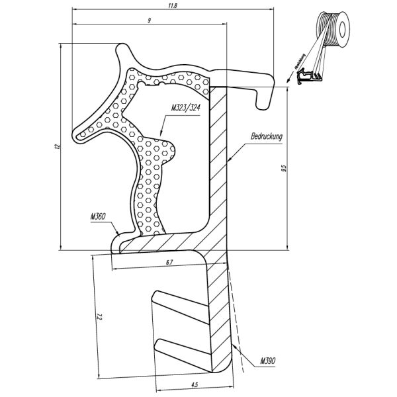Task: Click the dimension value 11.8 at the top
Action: (173, 7)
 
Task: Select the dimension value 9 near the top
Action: (150, 21)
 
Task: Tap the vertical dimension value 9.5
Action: (283, 168)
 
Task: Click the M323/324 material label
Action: (185, 108)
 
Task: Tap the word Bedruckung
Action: (267, 137)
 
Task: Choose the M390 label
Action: (267, 361)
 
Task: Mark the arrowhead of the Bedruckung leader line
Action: (229, 161)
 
